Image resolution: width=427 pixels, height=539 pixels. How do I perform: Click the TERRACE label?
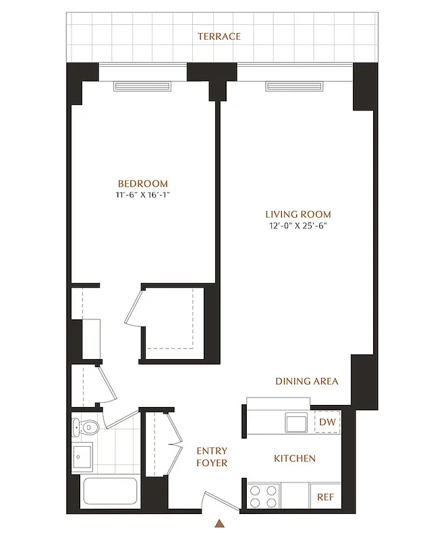pos(219,36)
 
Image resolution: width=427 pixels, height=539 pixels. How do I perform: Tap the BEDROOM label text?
pos(142,183)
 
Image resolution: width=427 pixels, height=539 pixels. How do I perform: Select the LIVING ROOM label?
pos(297,214)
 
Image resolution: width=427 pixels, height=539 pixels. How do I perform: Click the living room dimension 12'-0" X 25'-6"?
pos(297,226)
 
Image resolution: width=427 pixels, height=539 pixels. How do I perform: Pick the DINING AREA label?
pos(306,381)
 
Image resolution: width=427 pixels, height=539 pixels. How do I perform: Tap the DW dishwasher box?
pos(327,422)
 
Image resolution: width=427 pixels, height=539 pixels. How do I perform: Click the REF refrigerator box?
pos(326,497)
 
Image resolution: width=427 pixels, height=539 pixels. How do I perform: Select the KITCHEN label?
pos(294,459)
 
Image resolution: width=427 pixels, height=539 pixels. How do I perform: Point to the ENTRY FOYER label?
pos(212,457)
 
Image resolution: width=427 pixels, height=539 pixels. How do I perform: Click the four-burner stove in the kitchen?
pos(263,497)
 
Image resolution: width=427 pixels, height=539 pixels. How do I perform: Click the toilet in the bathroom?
pos(86,426)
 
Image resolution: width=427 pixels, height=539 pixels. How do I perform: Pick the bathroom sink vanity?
pos(84,459)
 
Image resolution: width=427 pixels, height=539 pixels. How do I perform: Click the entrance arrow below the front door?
pos(219,523)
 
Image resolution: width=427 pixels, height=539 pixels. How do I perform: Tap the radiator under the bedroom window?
pos(142,86)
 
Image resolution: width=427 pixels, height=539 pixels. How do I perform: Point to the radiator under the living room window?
pos(295,86)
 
